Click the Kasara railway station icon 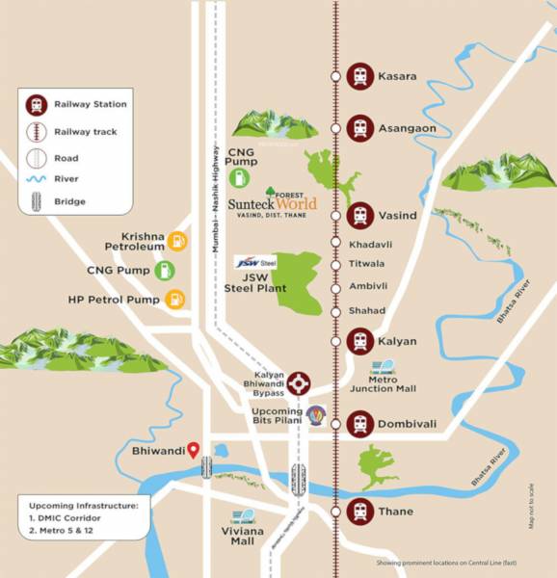[360, 75]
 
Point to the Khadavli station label [371, 245]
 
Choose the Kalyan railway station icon [360, 341]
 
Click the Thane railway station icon [360, 511]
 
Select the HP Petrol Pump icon [174, 301]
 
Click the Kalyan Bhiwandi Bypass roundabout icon [301, 382]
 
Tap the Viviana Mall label [242, 536]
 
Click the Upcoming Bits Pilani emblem [315, 416]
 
